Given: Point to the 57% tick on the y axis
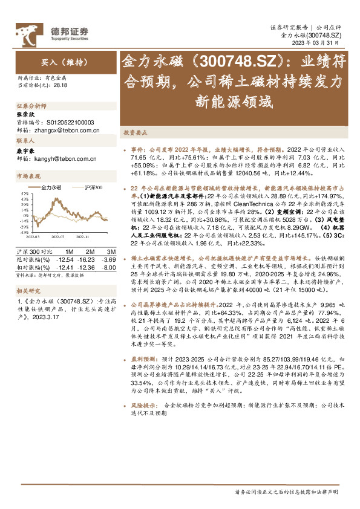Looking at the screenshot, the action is (x=24, y=194).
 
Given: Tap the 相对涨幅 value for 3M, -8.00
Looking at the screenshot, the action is (x=108, y=267).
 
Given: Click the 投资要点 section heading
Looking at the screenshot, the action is (x=136, y=131).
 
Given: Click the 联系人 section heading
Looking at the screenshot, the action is (x=26, y=140).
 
